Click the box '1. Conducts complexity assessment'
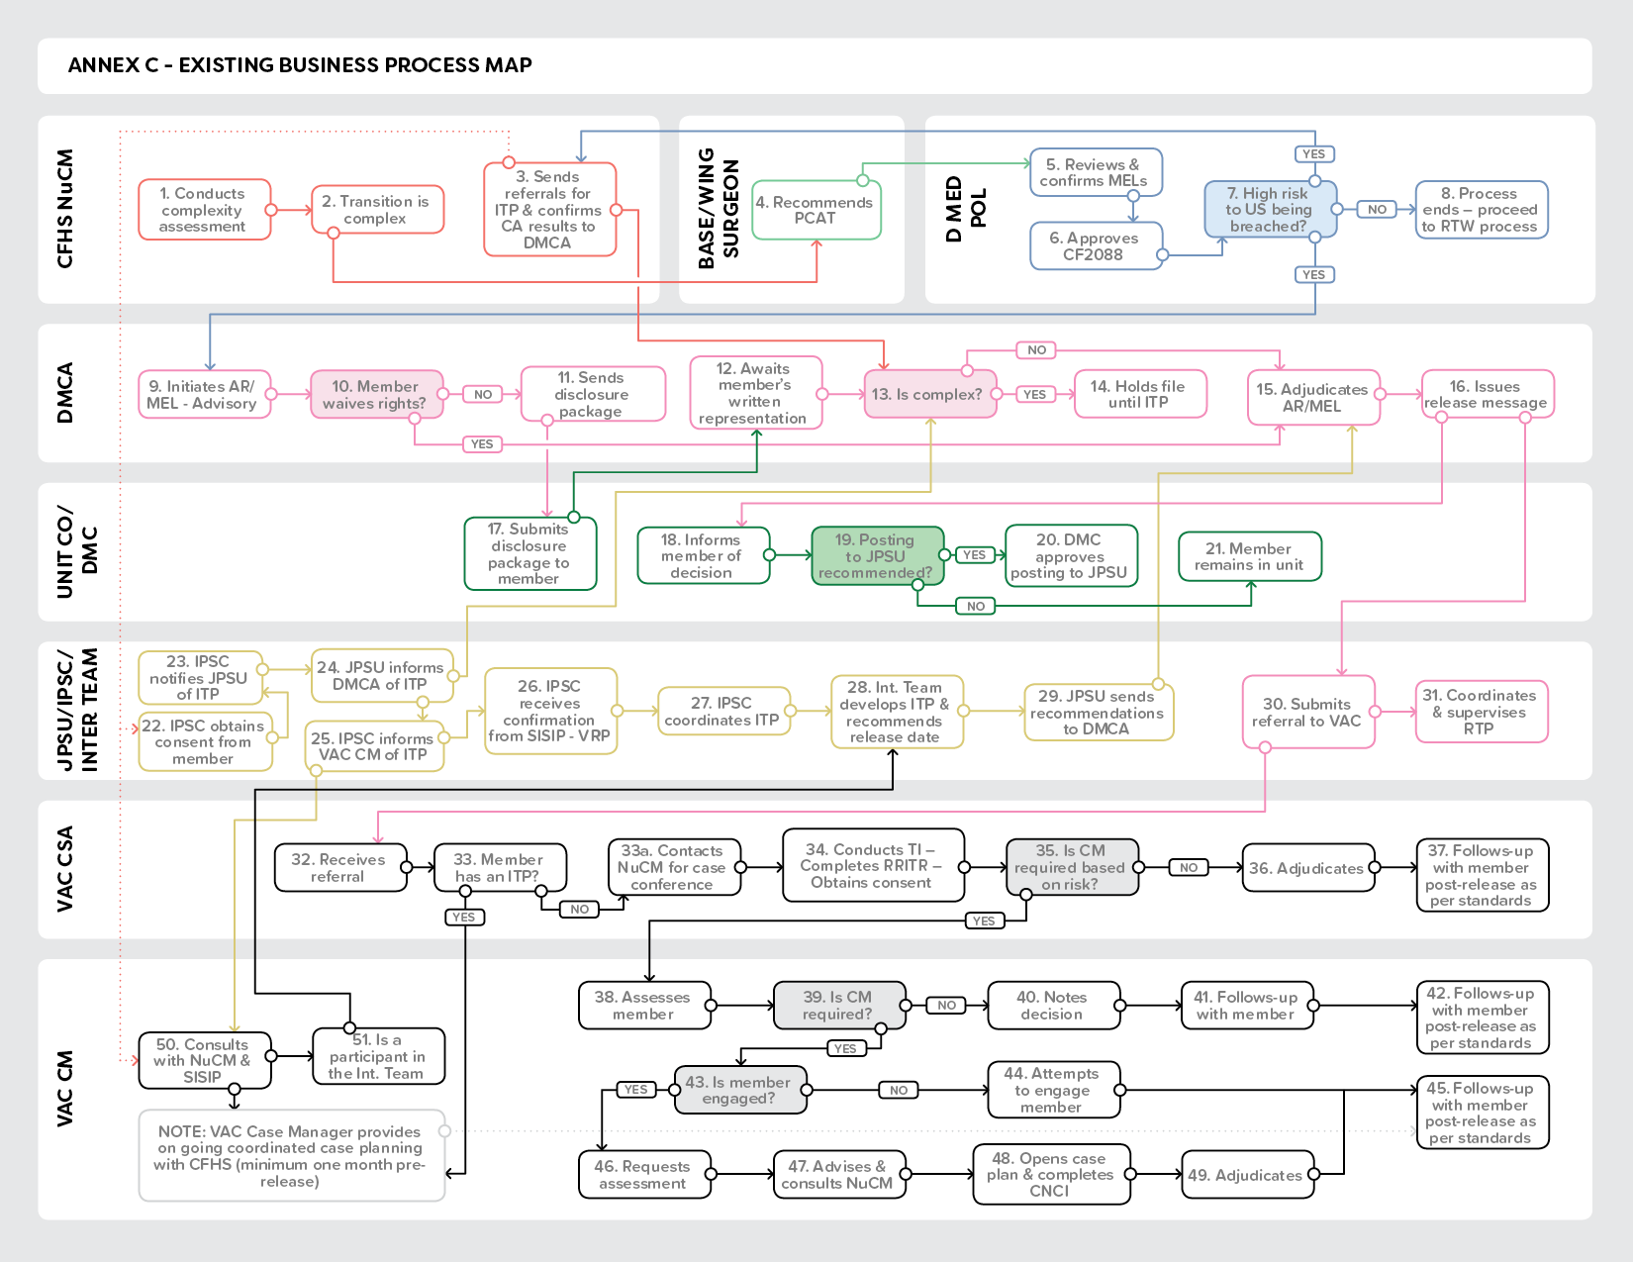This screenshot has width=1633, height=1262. click(204, 210)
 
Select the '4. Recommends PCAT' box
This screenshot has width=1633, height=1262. click(816, 210)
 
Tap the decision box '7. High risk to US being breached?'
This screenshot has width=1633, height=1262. click(1270, 210)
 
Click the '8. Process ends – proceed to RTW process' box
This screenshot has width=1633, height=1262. click(1481, 210)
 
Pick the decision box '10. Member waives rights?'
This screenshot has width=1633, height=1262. click(376, 395)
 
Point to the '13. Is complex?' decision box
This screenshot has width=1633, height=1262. click(929, 395)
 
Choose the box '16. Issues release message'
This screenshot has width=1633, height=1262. click(1487, 395)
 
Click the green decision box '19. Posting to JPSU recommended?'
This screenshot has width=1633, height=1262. click(877, 556)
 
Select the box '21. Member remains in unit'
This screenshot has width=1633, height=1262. click(1249, 556)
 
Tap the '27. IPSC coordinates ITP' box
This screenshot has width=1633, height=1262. click(723, 711)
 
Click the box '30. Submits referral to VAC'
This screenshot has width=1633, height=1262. click(1307, 713)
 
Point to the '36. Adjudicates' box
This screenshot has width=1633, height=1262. click(1307, 868)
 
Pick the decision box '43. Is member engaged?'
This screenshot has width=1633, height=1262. click(739, 1091)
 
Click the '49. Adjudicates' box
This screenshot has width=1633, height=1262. click(1246, 1175)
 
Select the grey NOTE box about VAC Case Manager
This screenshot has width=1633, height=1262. click(291, 1155)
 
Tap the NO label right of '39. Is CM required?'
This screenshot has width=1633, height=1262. click(946, 1006)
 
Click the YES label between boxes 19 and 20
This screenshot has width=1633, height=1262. click(975, 555)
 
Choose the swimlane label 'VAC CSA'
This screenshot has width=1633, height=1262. click(65, 868)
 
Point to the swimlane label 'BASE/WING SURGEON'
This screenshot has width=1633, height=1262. click(719, 209)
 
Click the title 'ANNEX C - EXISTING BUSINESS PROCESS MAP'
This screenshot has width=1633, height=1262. click(300, 65)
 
